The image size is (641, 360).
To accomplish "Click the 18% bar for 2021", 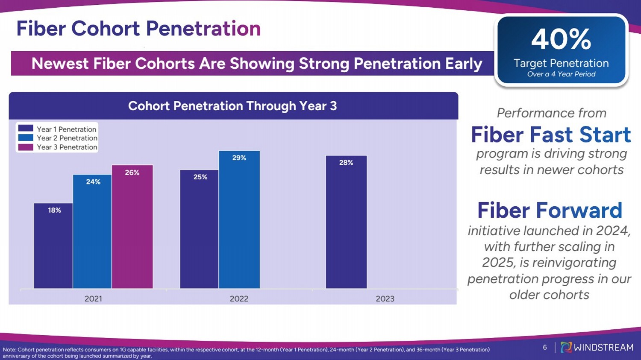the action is tap(53, 246).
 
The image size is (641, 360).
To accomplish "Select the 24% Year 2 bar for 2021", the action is tap(92, 231).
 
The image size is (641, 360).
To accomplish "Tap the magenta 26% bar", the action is tap(132, 226).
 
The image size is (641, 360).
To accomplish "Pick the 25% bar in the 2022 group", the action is tap(199, 229).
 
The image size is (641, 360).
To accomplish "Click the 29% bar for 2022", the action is tap(239, 220).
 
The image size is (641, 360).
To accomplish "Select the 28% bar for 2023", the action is tap(346, 222).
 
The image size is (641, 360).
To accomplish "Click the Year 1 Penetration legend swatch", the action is tap(26, 129).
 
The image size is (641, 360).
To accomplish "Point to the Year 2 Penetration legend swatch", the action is tap(26, 138).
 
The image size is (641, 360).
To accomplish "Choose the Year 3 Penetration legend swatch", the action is tap(26, 147).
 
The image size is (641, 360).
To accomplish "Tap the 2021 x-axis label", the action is tap(93, 299).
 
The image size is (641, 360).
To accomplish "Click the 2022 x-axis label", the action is tap(239, 299).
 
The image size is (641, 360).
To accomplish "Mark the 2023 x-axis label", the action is tap(385, 299).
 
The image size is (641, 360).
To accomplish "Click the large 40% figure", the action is tap(561, 39).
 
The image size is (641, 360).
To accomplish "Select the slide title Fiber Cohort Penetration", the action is tap(139, 28).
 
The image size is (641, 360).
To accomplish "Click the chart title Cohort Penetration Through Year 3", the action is tap(232, 106).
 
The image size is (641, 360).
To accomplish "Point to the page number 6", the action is tap(545, 347).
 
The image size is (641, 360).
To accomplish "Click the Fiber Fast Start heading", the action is tap(551, 135).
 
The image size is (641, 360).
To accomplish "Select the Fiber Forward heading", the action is tap(550, 210).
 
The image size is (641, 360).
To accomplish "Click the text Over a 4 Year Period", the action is tap(561, 74).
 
